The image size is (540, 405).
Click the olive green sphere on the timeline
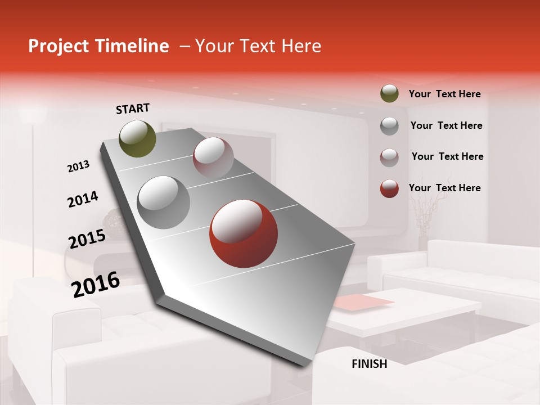tap(138, 138)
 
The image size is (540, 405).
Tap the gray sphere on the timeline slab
tap(164, 202)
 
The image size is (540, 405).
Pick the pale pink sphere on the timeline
tap(213, 157)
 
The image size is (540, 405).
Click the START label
tap(133, 109)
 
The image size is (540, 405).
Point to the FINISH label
tap(370, 364)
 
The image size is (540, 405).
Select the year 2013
tap(78, 166)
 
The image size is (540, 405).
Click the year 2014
tap(83, 200)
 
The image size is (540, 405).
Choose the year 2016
tap(96, 285)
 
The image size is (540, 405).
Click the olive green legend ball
tap(389, 93)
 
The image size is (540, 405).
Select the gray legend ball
tap(389, 126)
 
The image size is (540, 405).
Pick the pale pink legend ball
tap(389, 157)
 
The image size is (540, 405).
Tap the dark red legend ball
tap(389, 188)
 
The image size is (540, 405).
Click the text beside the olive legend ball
tap(444, 94)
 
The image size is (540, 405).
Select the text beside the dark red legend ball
tap(444, 188)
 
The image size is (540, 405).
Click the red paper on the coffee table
tap(363, 303)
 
